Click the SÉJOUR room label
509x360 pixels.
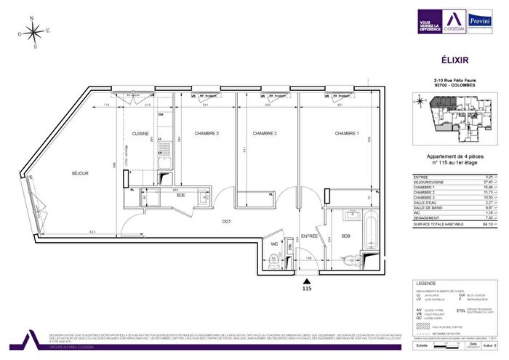pyautogui.click(x=80, y=173)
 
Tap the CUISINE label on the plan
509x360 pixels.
pyautogui.click(x=140, y=135)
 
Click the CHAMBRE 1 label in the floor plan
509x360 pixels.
pyautogui.click(x=347, y=135)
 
